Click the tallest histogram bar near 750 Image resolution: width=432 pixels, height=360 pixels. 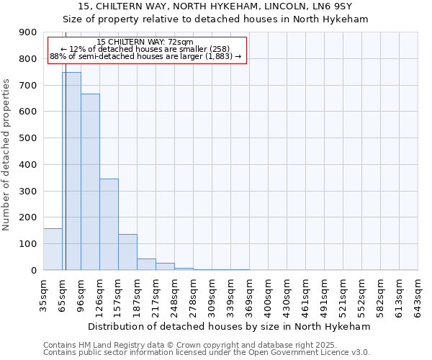click(x=71, y=171)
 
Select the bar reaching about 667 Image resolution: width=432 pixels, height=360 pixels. click(x=90, y=182)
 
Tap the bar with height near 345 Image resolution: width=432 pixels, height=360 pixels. click(x=109, y=224)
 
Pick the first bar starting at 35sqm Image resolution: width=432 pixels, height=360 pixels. click(x=53, y=249)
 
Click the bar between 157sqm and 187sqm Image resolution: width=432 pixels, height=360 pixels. click(x=127, y=252)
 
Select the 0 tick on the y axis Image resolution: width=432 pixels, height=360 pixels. click(x=35, y=270)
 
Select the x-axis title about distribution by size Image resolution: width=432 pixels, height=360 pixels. click(x=230, y=326)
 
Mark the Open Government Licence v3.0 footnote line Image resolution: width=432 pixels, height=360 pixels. click(x=207, y=352)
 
